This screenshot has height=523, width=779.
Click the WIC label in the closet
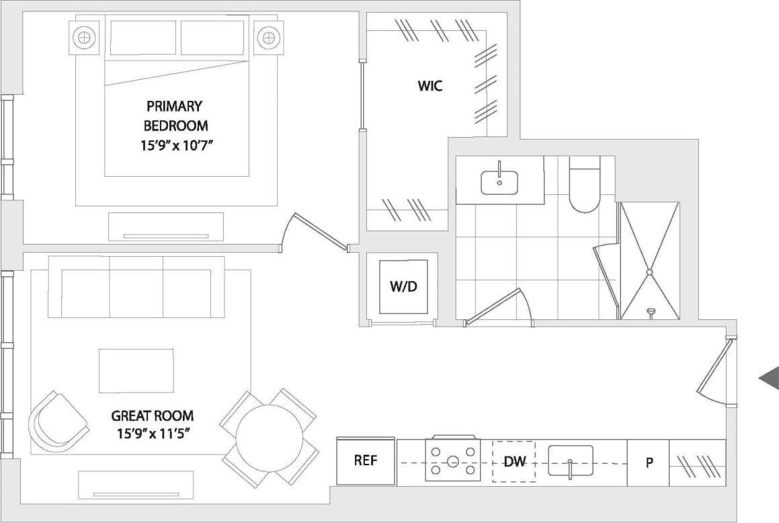coord(430,86)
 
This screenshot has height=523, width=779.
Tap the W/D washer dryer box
coord(403,287)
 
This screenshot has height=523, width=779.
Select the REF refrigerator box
coord(366,461)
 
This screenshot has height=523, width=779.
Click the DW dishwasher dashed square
coord(514,462)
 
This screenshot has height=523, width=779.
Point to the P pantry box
coord(649,462)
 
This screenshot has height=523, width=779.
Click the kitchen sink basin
coord(571,460)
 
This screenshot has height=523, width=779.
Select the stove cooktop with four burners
coord(452,460)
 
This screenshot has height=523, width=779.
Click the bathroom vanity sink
coord(499,182)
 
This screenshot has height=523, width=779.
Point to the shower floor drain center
coord(649,272)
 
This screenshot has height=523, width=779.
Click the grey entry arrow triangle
coord(770,378)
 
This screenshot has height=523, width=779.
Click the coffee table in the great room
coord(136,370)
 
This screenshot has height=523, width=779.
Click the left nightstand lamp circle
coord(84,37)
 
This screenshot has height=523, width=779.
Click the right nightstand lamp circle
coord(268,37)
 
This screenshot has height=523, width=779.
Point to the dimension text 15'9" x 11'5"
coord(153,432)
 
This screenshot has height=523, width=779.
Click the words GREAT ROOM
coord(153,415)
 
